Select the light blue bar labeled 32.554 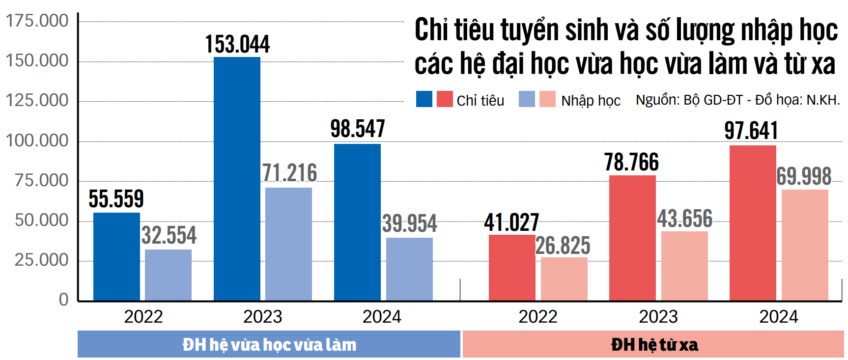click(x=168, y=275)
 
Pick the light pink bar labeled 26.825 click(x=564, y=278)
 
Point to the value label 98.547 click(x=357, y=129)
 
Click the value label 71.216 click(x=289, y=173)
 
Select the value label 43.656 click(x=684, y=219)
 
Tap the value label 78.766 click(x=631, y=163)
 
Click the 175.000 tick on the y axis click(x=37, y=21)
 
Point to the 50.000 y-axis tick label click(x=42, y=220)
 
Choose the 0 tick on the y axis click(x=64, y=299)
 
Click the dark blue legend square click(x=424, y=99)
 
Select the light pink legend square click(x=547, y=99)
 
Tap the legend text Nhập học click(x=591, y=101)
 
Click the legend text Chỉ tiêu click(x=480, y=101)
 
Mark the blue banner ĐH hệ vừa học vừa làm click(x=269, y=344)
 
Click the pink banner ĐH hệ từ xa click(x=653, y=344)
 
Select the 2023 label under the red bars click(x=658, y=317)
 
